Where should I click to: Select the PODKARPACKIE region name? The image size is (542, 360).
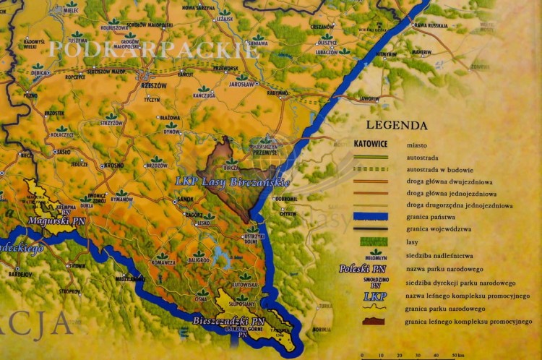[144, 50]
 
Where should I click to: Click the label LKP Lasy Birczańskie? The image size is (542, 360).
[232, 181]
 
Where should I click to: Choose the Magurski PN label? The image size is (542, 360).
[58, 220]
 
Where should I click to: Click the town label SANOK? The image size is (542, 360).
[186, 199]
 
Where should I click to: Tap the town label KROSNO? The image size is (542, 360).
[113, 165]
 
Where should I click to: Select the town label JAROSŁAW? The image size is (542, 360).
[242, 85]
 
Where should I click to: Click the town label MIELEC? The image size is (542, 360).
[71, 12]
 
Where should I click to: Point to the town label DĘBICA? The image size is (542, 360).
[40, 74]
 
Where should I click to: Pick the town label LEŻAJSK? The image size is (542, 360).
[225, 20]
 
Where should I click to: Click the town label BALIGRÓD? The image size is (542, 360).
[199, 260]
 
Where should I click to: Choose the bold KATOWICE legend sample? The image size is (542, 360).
[371, 144]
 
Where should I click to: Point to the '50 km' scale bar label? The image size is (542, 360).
[458, 355]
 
